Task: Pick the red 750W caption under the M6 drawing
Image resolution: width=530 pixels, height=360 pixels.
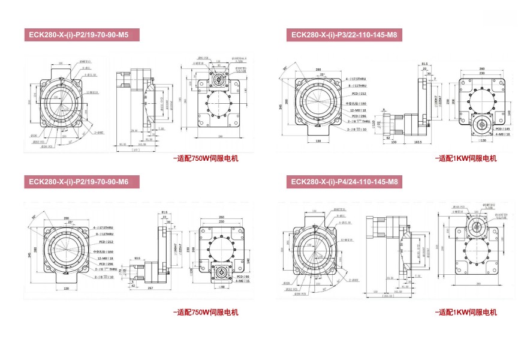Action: coord(206,312)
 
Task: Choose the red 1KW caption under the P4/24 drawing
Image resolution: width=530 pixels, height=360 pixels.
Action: coord(465,312)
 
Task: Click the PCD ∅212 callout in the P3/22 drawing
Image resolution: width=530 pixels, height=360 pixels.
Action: coord(359,94)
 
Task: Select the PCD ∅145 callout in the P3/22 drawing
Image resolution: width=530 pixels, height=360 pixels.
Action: coord(502,129)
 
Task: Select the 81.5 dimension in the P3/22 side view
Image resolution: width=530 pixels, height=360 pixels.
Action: coord(424,63)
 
